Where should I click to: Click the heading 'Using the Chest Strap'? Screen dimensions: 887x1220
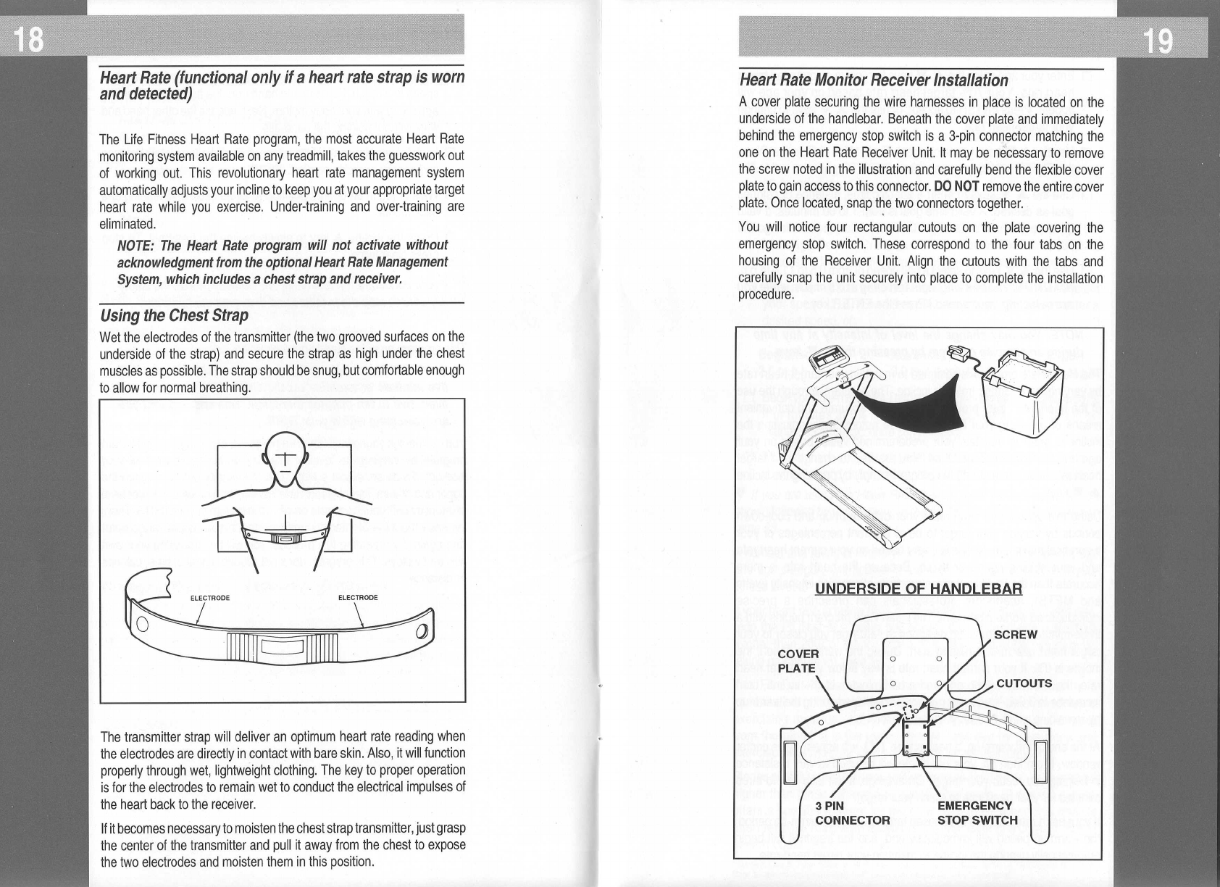(x=174, y=315)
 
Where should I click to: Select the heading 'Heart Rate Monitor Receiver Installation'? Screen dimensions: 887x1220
(x=873, y=80)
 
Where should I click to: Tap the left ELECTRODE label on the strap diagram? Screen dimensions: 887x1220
(x=209, y=598)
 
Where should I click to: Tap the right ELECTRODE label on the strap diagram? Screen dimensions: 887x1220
(x=358, y=598)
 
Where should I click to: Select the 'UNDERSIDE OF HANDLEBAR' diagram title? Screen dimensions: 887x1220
(x=918, y=588)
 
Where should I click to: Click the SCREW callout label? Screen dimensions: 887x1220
(x=1016, y=635)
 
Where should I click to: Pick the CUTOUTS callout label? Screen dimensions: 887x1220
(x=1024, y=683)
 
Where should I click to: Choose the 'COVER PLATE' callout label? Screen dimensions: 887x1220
(x=798, y=661)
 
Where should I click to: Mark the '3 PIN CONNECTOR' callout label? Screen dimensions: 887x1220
(x=852, y=813)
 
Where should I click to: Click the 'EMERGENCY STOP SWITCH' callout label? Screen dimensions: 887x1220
(x=977, y=813)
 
